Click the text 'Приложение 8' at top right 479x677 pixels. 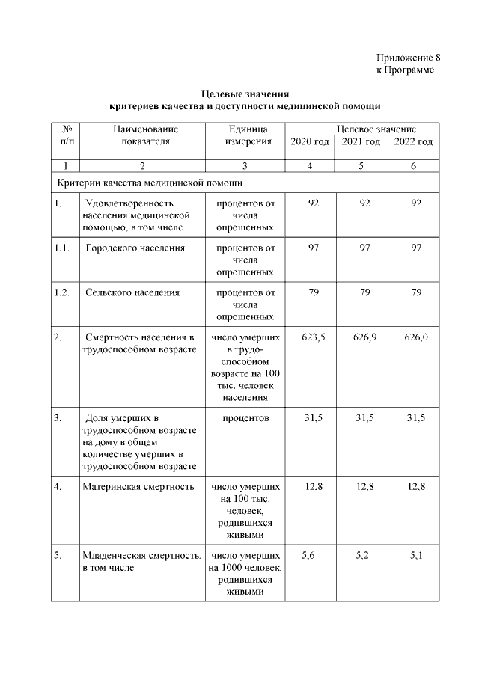(403, 58)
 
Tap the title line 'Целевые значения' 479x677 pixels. (245, 94)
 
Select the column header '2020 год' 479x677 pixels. (309, 142)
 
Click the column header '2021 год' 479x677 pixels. (361, 142)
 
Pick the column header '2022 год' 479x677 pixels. (413, 142)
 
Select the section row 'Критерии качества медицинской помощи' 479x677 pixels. (149, 182)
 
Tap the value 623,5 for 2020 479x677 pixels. (314, 337)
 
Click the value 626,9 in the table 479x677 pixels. (364, 337)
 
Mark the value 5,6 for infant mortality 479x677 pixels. (309, 556)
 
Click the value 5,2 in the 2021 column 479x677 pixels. (361, 556)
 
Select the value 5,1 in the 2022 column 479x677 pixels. (416, 556)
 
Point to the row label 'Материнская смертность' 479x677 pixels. (138, 487)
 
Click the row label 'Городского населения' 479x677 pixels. (135, 248)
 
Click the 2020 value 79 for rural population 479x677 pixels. (314, 292)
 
